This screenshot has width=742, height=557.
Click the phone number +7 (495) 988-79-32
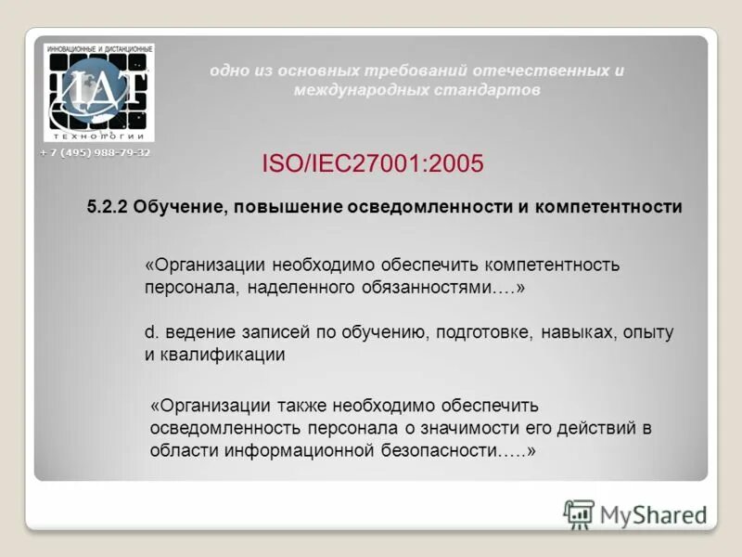pyautogui.click(x=96, y=152)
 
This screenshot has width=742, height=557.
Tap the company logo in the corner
pyautogui.click(x=99, y=93)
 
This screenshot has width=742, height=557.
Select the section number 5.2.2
pyautogui.click(x=107, y=208)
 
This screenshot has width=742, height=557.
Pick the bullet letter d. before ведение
pyautogui.click(x=148, y=332)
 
